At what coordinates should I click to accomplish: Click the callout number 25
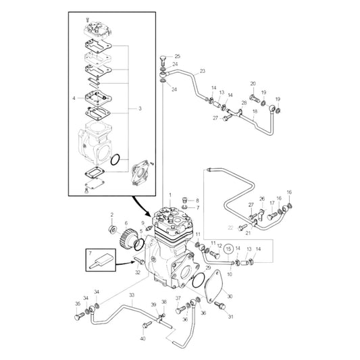(x=178, y=56)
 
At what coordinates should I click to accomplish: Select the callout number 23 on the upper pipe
(x=202, y=71)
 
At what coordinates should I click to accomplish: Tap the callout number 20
(x=253, y=84)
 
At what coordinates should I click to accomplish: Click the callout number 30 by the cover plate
(x=230, y=297)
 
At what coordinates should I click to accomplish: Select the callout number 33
(x=131, y=295)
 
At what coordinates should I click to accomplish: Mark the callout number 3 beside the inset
(x=140, y=108)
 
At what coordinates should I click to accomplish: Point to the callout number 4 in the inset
(x=74, y=99)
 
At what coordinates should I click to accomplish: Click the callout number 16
(x=289, y=192)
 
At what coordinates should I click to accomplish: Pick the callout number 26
(x=262, y=199)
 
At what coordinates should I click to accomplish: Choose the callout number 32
(x=138, y=272)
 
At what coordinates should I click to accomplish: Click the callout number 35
(x=78, y=304)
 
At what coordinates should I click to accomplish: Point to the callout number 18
(x=255, y=111)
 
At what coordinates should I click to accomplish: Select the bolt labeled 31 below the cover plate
(x=220, y=307)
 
